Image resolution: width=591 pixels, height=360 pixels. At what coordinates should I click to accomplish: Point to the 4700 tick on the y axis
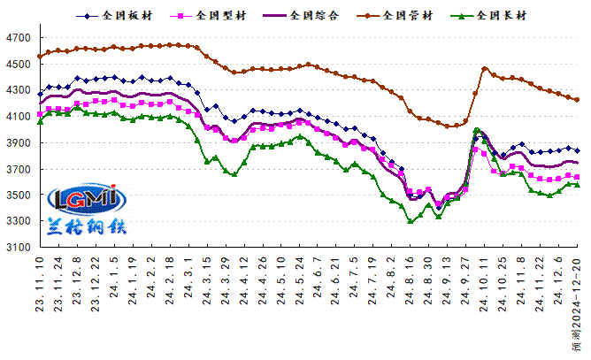click(x=19, y=38)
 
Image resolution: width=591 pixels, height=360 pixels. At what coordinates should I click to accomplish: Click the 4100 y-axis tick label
click(x=19, y=117)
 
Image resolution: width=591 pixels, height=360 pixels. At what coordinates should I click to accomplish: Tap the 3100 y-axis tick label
click(x=19, y=248)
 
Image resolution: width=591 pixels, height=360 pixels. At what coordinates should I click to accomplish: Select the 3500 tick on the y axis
click(x=19, y=195)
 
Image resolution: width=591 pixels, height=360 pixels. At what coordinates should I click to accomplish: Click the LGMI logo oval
click(x=87, y=200)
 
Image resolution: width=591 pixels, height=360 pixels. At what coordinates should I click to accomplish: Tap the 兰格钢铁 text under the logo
click(x=87, y=226)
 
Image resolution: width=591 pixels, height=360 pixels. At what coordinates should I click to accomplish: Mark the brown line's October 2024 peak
click(x=485, y=68)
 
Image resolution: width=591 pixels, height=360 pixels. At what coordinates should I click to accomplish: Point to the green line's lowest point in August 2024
click(x=411, y=221)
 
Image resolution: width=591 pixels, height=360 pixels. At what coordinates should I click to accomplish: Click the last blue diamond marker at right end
click(x=577, y=150)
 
